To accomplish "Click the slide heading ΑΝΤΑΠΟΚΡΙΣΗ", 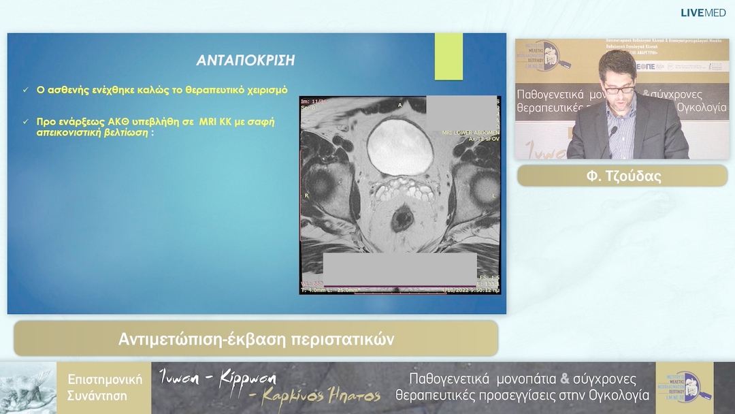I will (x=246, y=60).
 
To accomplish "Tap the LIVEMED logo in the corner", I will (x=704, y=12).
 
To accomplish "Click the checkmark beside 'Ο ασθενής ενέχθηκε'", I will (x=25, y=90).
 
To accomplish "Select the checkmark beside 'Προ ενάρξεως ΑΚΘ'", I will (x=25, y=122).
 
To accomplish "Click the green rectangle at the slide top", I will (x=448, y=56).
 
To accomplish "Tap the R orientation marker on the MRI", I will (x=307, y=195).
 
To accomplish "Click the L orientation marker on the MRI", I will (x=494, y=195).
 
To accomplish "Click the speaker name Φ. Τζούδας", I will (x=622, y=176).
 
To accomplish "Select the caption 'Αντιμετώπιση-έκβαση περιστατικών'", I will (x=256, y=338).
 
